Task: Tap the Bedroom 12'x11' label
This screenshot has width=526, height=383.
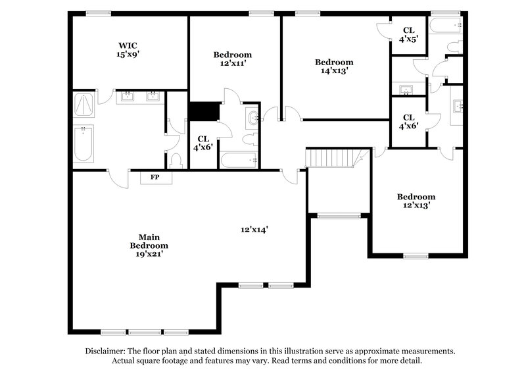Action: click(232, 59)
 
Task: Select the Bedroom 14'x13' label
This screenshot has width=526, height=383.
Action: click(333, 66)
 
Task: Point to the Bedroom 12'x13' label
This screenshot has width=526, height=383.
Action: click(416, 201)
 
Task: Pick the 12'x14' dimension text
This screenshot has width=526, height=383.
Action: click(254, 230)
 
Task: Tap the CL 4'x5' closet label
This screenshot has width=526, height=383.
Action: click(408, 34)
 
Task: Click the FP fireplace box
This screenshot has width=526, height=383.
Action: click(155, 177)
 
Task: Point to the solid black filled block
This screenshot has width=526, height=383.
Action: click(203, 111)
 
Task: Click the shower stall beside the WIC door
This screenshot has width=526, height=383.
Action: click(84, 105)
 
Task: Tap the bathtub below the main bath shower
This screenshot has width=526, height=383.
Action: click(84, 143)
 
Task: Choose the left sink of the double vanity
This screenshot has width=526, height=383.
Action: click(127, 98)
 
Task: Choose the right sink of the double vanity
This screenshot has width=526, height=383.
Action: click(153, 98)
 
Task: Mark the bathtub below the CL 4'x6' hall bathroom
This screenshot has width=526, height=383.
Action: click(239, 160)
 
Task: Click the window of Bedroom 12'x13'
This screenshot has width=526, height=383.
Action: click(416, 255)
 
